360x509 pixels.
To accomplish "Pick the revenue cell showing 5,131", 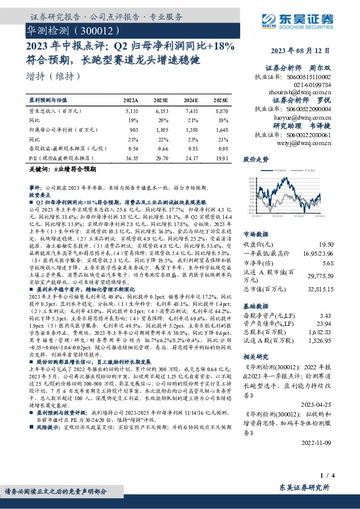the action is (131, 112).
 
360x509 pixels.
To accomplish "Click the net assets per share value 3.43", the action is (343, 316).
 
